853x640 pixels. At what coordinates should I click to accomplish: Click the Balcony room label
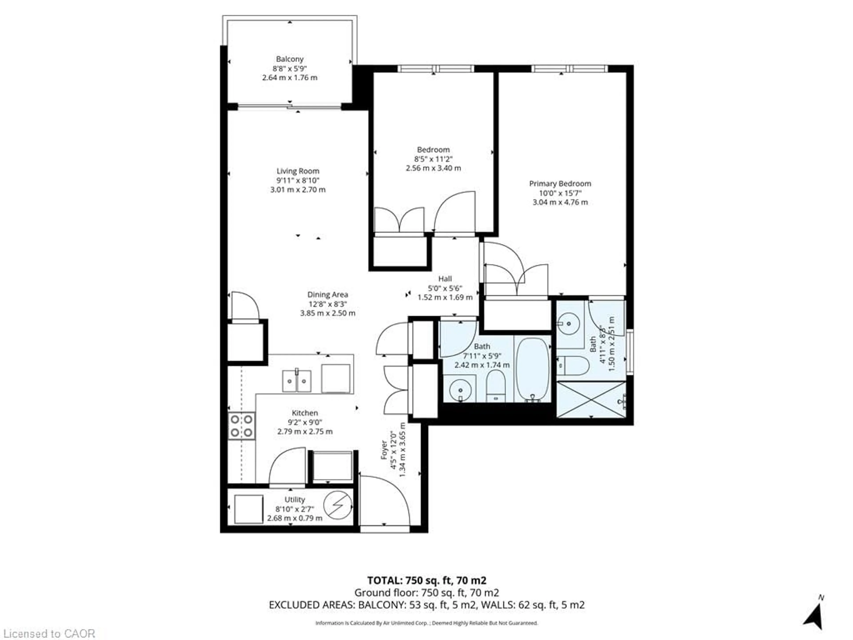290,59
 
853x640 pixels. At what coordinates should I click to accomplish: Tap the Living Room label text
298,171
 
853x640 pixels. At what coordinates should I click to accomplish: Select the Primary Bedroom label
560,184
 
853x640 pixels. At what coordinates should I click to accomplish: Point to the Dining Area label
327,294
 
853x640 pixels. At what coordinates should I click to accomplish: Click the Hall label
445,278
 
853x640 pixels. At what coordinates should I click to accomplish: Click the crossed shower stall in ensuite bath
591,399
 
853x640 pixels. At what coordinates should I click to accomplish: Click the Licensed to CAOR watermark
48,633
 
